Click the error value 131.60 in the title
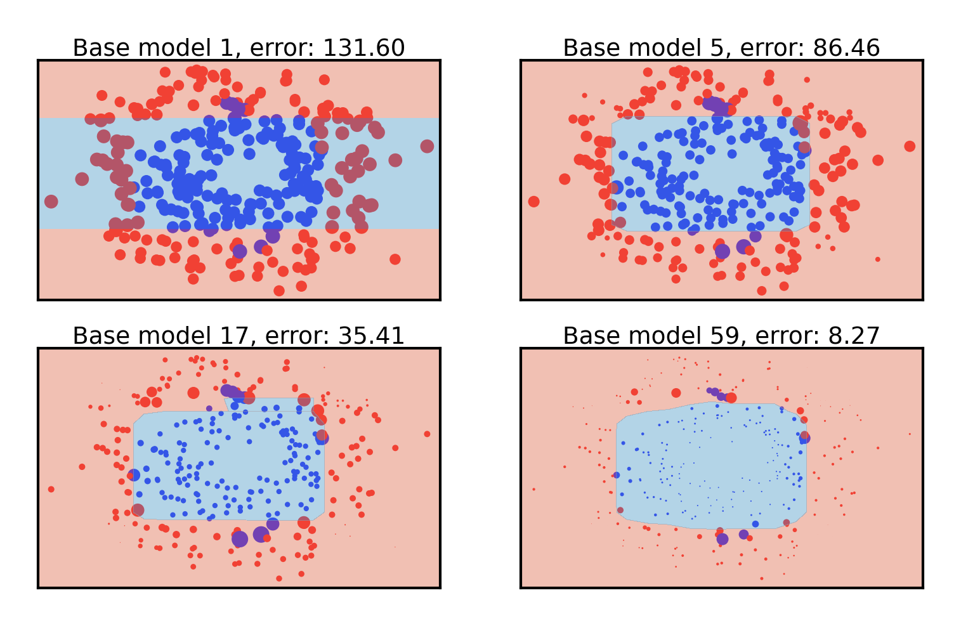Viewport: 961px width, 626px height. pyautogui.click(x=363, y=48)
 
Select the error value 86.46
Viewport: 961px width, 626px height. pyautogui.click(x=848, y=48)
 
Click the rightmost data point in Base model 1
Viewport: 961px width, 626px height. pyautogui.click(x=427, y=147)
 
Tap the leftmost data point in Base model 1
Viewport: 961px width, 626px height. pyautogui.click(x=51, y=202)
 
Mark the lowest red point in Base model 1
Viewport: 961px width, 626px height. pyautogui.click(x=279, y=290)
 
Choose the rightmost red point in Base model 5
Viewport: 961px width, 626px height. pyautogui.click(x=910, y=147)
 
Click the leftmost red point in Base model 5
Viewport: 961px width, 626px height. pyautogui.click(x=534, y=202)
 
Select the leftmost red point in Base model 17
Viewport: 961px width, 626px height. pyautogui.click(x=51, y=489)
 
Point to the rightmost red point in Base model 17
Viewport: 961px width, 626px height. pyautogui.click(x=427, y=434)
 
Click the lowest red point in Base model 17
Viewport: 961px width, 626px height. pyautogui.click(x=279, y=578)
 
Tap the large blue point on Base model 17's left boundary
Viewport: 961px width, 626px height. pyautogui.click(x=134, y=475)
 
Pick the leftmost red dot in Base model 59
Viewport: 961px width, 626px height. pyautogui.click(x=534, y=489)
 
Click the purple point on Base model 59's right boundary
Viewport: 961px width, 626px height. pyautogui.click(x=805, y=437)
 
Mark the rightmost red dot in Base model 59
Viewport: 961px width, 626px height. pyautogui.click(x=910, y=434)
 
